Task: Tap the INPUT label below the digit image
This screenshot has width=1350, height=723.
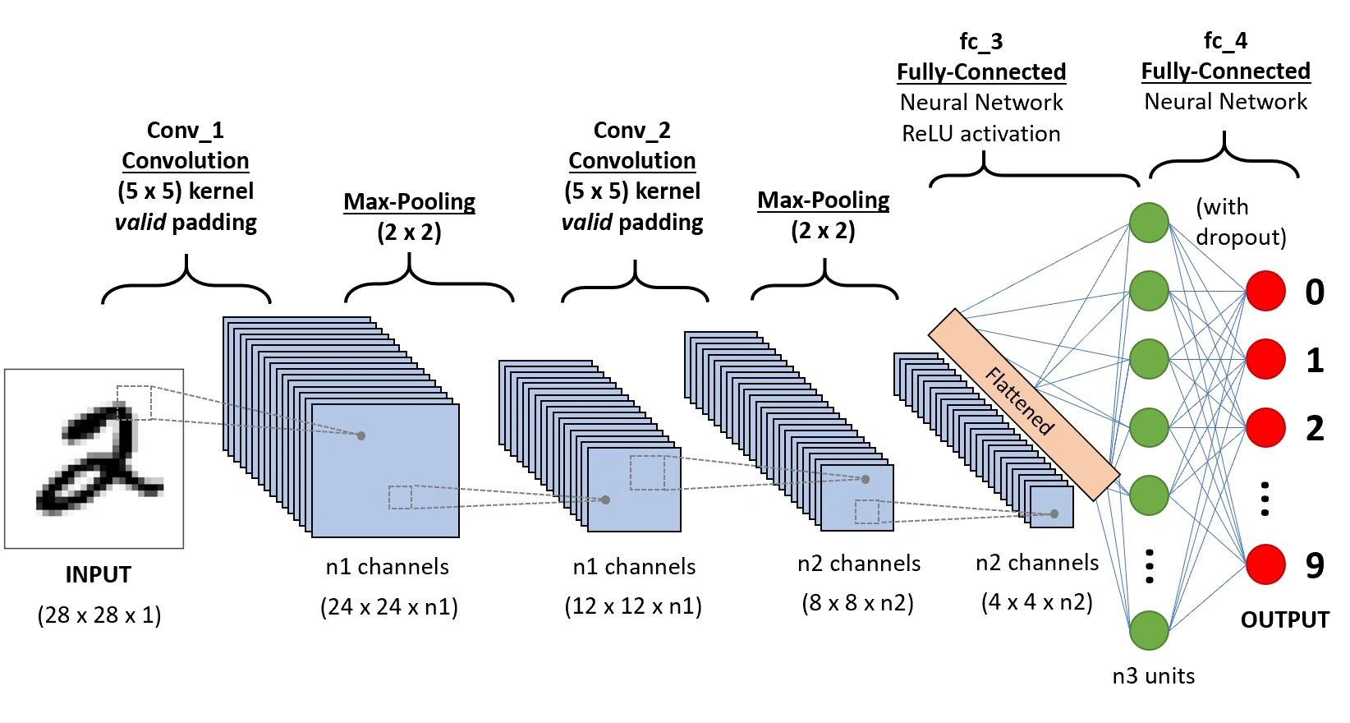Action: coord(98,574)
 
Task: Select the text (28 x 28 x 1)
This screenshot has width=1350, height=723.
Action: coord(99,615)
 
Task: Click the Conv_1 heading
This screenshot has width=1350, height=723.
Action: coord(185,131)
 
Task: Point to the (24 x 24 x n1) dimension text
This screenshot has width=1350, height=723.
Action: coord(388,607)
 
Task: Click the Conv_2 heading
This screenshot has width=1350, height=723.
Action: coord(631,131)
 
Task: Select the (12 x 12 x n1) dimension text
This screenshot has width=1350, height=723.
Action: coord(632,607)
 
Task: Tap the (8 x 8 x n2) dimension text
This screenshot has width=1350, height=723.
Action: coord(857,603)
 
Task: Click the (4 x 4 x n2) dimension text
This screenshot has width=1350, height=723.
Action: coord(1036,602)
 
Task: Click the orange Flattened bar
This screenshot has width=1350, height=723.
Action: coord(1023,404)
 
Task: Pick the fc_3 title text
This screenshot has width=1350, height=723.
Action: coord(981,41)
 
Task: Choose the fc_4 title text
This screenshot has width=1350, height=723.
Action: coord(1225,40)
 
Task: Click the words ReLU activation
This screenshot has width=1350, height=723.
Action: coord(981,134)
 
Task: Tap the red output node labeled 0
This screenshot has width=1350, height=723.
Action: coord(1265,291)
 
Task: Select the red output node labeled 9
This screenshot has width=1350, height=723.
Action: coord(1265,564)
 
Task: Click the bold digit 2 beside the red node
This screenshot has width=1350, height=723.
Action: coord(1315,429)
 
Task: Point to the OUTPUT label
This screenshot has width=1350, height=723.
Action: coord(1284,619)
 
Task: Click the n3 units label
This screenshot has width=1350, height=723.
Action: coord(1153,676)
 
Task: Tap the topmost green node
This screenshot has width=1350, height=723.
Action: coord(1149,223)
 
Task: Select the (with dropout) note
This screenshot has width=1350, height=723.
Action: coord(1240,222)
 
